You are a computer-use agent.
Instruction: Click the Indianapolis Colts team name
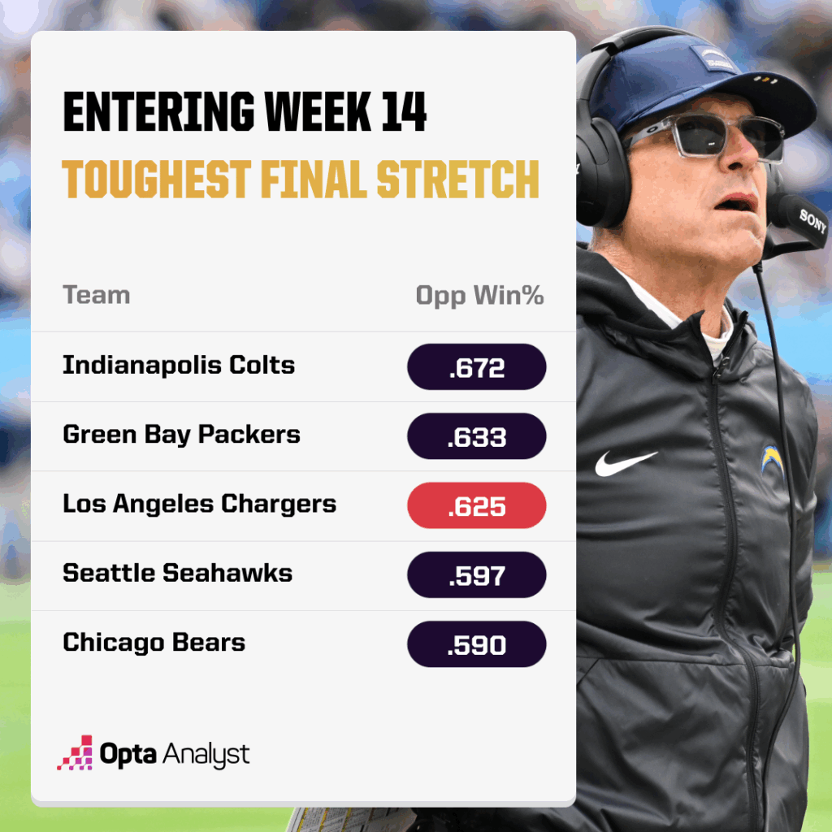click(178, 365)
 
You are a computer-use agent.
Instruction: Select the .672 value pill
click(476, 367)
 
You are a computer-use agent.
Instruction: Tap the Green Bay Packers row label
click(181, 435)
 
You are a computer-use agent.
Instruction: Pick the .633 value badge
click(476, 436)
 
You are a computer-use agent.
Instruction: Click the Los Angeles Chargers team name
click(199, 504)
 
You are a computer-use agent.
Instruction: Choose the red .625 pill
click(476, 506)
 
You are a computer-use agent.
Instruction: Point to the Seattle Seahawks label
click(177, 573)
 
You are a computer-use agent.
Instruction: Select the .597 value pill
click(476, 575)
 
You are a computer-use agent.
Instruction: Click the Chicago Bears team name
click(154, 643)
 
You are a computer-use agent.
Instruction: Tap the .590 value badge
click(476, 645)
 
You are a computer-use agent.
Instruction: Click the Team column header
click(96, 295)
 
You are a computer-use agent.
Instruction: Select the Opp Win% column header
click(479, 296)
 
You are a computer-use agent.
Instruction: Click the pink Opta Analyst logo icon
click(75, 753)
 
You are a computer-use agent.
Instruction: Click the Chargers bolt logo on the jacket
click(771, 459)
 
